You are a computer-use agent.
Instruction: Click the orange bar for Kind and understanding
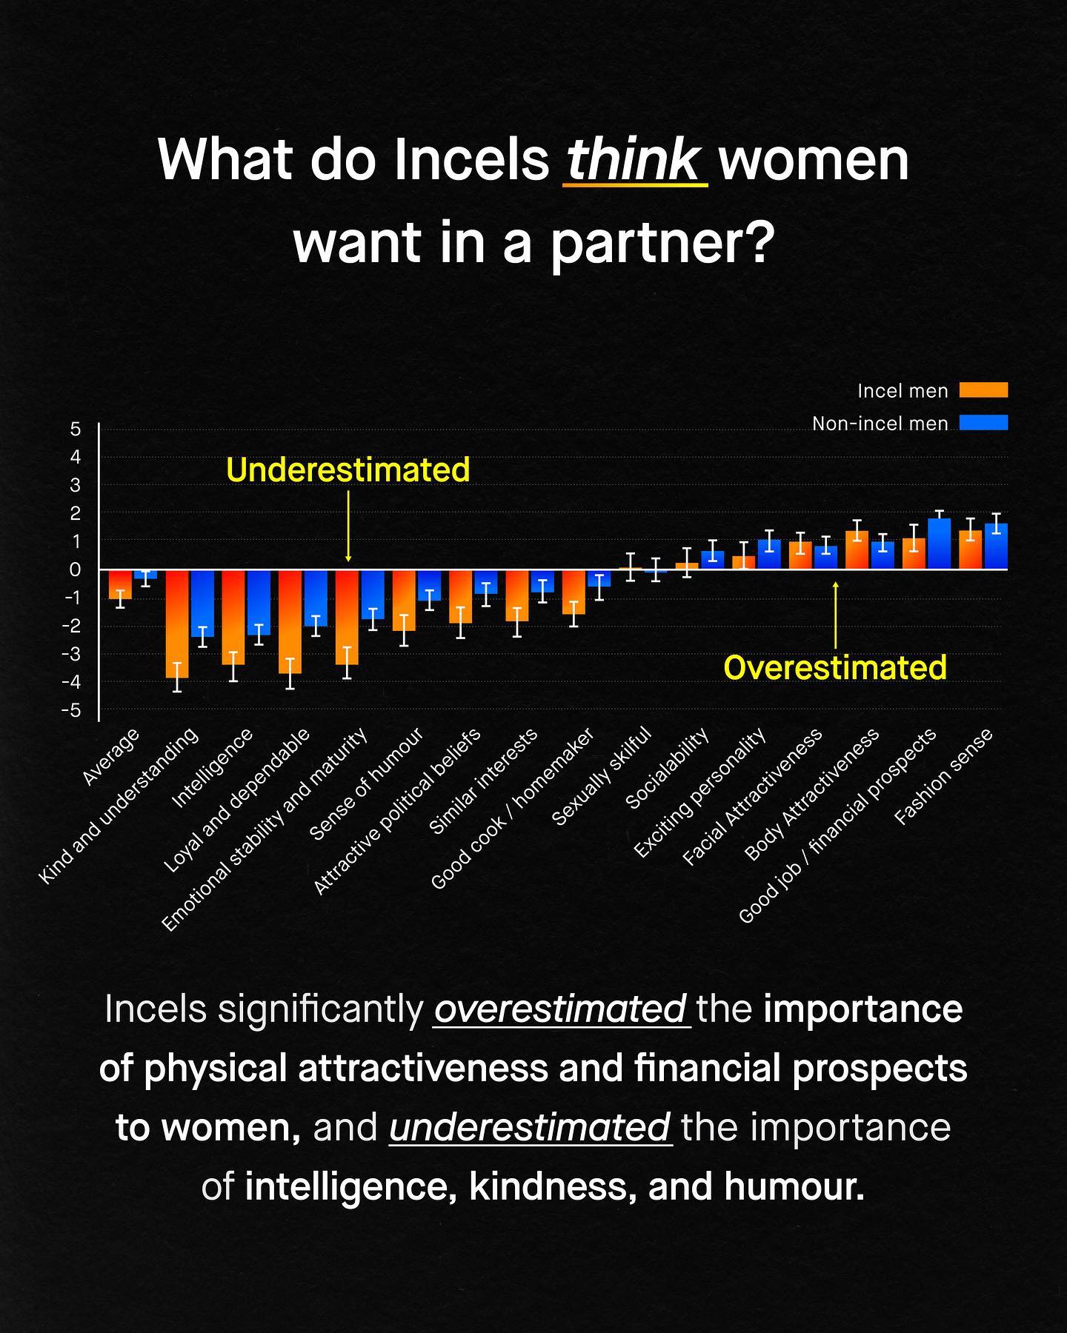pyautogui.click(x=177, y=624)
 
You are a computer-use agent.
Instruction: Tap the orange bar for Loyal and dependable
pyautogui.click(x=290, y=621)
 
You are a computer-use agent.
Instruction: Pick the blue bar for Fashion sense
pyautogui.click(x=996, y=547)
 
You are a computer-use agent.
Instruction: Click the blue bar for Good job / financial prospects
pyautogui.click(x=940, y=544)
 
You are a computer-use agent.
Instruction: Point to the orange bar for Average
pyautogui.click(x=120, y=584)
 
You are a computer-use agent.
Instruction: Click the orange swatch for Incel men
pyautogui.click(x=983, y=390)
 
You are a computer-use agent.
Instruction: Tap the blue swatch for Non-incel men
pyautogui.click(x=983, y=423)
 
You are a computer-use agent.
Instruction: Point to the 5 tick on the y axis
pyautogui.click(x=75, y=429)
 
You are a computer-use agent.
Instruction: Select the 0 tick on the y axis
pyautogui.click(x=75, y=569)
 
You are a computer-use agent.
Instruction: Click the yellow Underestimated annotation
pyautogui.click(x=348, y=470)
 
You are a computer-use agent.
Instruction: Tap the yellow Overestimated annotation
pyautogui.click(x=835, y=667)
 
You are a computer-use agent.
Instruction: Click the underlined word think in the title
pyautogui.click(x=634, y=159)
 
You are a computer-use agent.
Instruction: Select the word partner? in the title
pyautogui.click(x=659, y=242)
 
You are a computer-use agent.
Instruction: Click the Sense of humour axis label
pyautogui.click(x=367, y=784)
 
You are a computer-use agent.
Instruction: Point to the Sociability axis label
pyautogui.click(x=668, y=768)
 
